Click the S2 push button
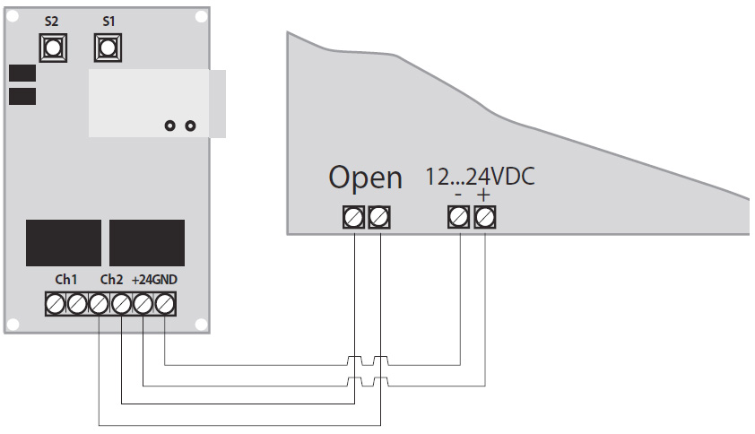point(52,47)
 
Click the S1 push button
point(108,47)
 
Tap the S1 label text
point(108,20)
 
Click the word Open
point(365,178)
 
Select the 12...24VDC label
point(479,177)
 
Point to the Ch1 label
point(66,280)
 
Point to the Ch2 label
point(111,280)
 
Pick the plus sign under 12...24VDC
point(484,195)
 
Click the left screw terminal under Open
point(354,216)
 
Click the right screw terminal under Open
point(379,216)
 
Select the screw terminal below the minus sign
point(459,216)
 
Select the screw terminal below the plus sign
point(485,216)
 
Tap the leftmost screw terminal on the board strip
point(56,305)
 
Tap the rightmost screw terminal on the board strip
point(164,305)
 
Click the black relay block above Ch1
point(64,243)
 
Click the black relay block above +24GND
point(147,243)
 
